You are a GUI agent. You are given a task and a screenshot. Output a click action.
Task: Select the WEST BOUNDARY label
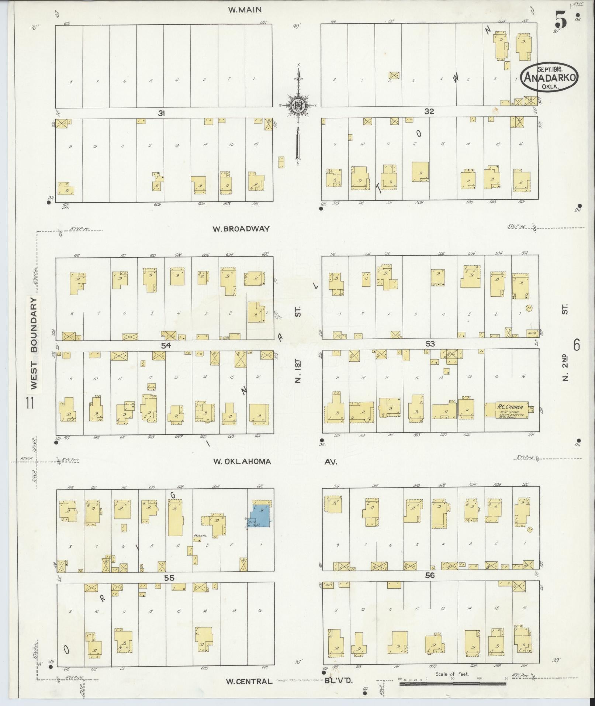[34, 343]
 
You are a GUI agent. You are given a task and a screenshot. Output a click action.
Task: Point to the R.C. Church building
[510, 410]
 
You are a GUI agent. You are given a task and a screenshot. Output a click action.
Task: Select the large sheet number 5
[561, 20]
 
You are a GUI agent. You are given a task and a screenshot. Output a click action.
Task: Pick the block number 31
[161, 114]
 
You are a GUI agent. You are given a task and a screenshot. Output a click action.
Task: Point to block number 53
[430, 344]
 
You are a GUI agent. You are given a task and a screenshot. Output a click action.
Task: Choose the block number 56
[430, 575]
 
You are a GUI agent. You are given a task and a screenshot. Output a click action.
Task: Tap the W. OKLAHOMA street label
[242, 462]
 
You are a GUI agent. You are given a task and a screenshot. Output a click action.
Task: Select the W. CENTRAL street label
[249, 681]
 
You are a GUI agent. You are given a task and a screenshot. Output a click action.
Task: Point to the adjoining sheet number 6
[577, 345]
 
